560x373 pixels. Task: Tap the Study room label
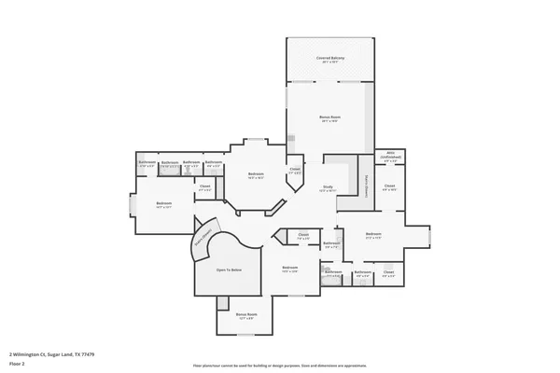328,187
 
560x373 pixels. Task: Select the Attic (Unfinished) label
390,157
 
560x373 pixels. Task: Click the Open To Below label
230,269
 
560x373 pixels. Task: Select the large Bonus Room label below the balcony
330,118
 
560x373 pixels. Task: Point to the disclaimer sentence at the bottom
280,364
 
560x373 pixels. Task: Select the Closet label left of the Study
295,171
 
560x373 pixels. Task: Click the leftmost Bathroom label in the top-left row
147,162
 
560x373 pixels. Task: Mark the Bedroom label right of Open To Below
289,269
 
